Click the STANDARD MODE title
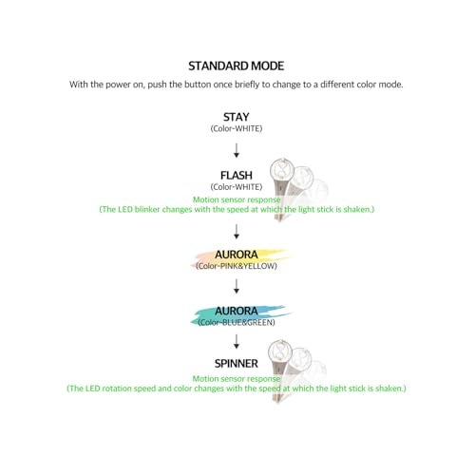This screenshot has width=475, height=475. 237,66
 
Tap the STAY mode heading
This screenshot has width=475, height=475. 237,116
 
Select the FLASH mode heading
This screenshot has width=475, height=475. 237,175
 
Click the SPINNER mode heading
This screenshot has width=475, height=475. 237,364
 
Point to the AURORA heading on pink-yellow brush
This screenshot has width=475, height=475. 237,256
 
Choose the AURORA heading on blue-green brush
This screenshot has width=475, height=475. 237,310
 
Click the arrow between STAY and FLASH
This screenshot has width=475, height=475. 237,150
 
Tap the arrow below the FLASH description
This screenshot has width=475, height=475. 237,231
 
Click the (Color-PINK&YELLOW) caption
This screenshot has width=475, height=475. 237,267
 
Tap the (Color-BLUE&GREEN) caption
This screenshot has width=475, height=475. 237,322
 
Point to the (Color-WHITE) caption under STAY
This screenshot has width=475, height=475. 237,127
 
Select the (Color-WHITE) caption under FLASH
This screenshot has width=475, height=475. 237,187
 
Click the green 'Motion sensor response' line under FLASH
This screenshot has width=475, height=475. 237,198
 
